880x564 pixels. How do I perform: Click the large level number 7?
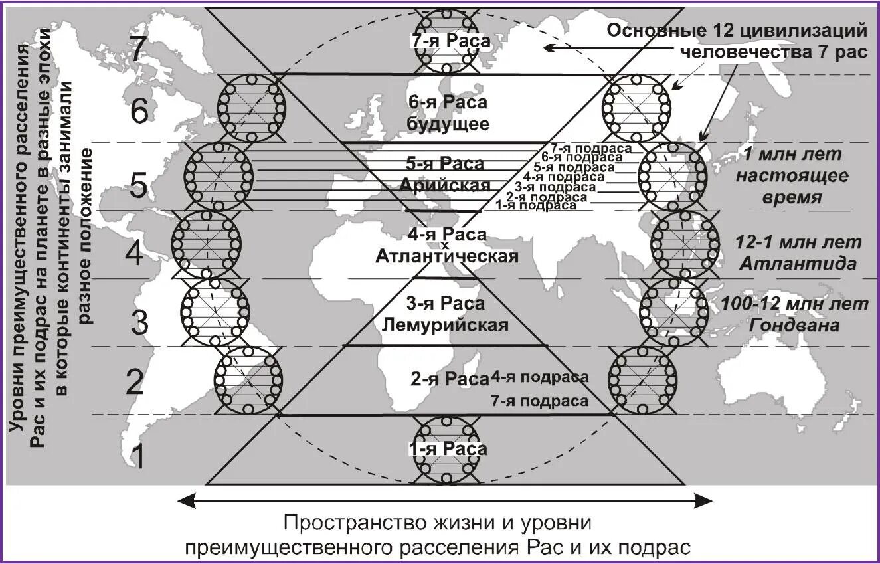coord(137,49)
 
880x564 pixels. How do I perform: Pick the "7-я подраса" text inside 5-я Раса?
coord(583,148)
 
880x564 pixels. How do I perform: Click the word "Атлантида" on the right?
coord(797,264)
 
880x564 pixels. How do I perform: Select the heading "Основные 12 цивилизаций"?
coord(738,31)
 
